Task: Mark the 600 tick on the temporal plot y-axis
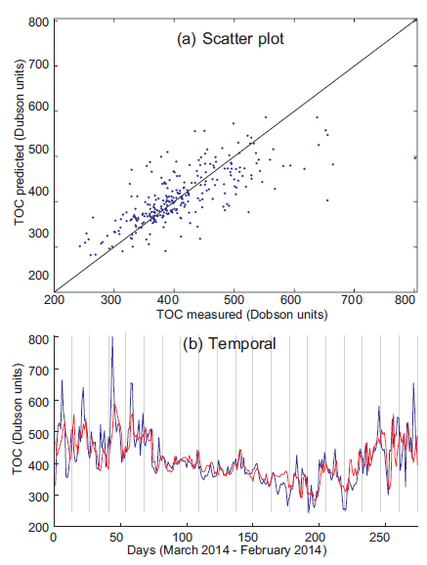coord(40,402)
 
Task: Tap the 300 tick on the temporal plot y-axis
coord(40,496)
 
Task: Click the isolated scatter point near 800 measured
coord(415,157)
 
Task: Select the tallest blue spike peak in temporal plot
coord(111,338)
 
